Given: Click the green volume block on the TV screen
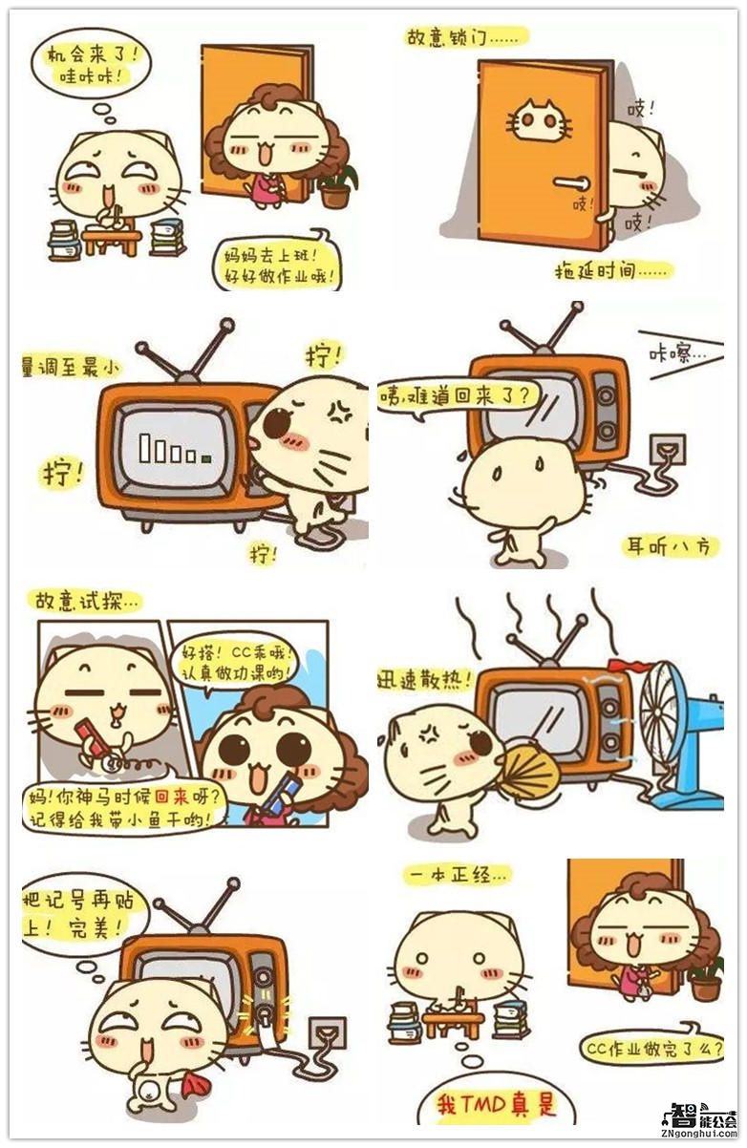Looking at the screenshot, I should point(206,459).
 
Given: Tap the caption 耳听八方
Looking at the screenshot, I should point(671,546).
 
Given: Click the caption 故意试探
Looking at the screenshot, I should point(87,600).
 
